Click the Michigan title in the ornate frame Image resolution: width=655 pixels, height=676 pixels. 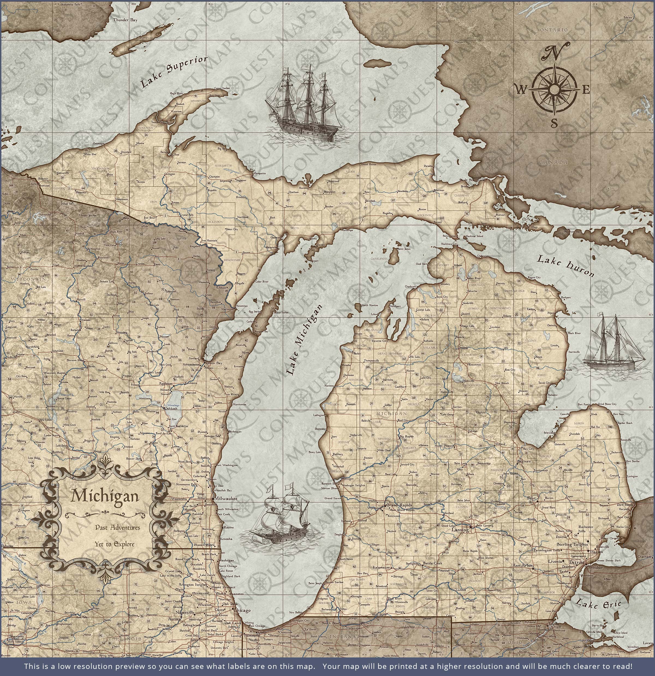tap(105, 496)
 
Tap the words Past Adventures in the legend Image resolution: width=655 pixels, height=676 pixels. tap(118, 527)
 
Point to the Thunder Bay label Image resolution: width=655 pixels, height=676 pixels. tap(125, 20)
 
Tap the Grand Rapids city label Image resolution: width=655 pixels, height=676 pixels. tap(399, 505)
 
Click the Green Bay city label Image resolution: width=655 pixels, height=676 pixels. tap(214, 363)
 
